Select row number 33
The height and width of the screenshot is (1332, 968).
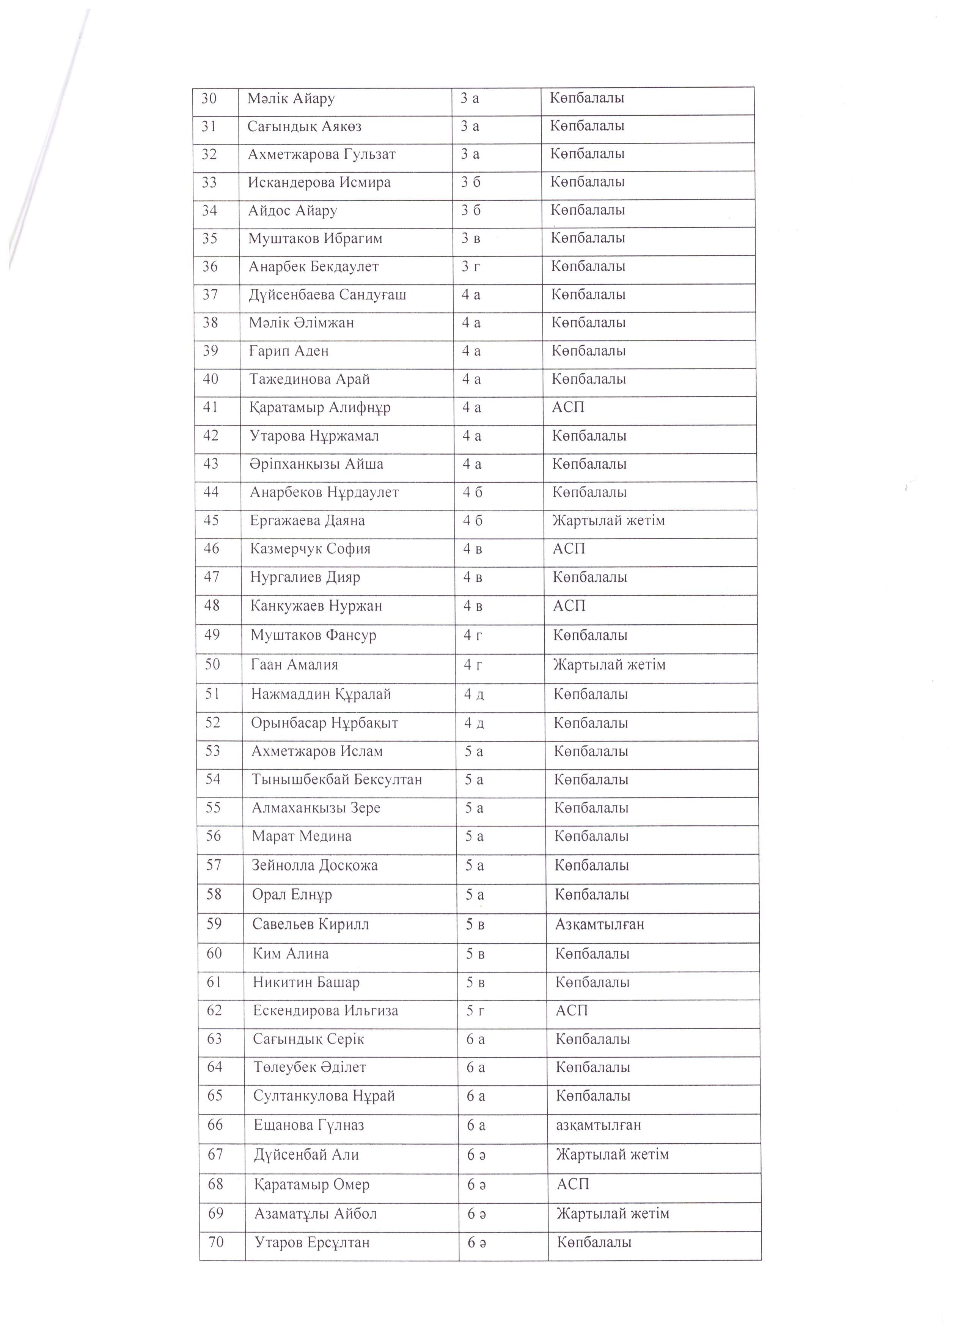209,183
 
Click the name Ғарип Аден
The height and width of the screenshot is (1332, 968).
288,351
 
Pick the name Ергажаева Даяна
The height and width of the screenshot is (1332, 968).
307,521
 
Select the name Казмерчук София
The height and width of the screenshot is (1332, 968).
310,549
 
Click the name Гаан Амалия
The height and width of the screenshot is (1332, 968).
294,665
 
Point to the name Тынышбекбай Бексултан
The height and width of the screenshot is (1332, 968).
336,780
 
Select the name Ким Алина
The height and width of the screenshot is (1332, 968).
291,954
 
